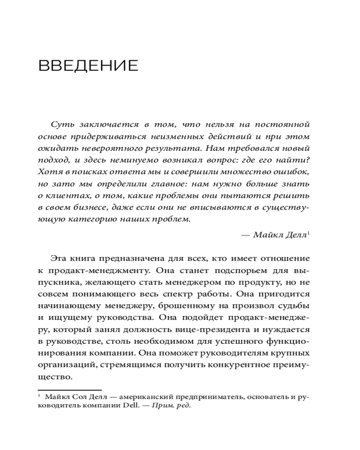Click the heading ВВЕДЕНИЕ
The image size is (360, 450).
tap(88, 66)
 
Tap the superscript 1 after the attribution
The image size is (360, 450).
tap(309, 233)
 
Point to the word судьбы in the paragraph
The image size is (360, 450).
tap(293, 306)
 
